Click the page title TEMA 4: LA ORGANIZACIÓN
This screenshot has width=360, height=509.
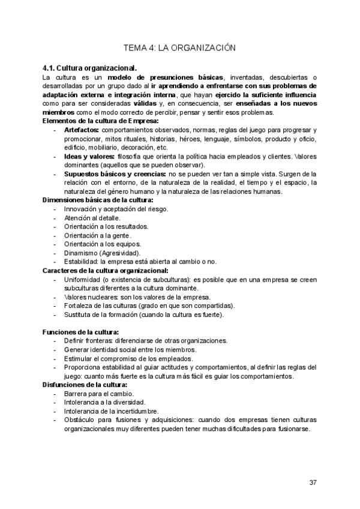click(179, 47)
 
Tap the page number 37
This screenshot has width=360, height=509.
click(313, 483)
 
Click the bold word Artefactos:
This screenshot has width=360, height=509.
click(82, 130)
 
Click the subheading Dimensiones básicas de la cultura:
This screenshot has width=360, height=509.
click(98, 200)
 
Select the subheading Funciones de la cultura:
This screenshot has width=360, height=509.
click(80, 332)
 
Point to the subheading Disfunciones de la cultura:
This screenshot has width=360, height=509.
click(85, 384)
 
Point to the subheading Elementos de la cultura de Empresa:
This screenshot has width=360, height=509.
click(101, 121)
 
